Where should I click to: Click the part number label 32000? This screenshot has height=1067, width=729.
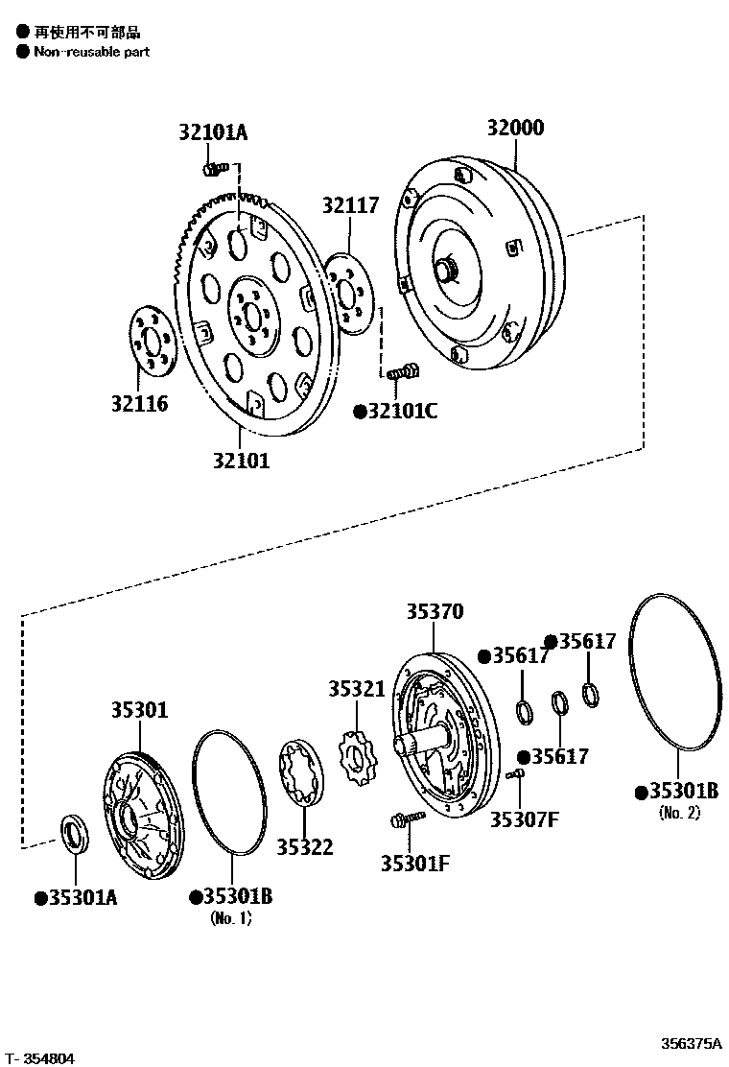click(514, 129)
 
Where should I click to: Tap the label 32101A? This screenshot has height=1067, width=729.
click(212, 133)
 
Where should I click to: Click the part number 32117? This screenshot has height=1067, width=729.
click(350, 205)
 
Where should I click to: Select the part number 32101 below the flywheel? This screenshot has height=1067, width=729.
click(241, 460)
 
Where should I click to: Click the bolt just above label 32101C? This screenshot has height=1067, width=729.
click(404, 370)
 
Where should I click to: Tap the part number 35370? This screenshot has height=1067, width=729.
click(434, 611)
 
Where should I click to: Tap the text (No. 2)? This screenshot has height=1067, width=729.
click(679, 813)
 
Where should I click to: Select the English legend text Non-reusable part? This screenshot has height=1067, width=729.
click(91, 52)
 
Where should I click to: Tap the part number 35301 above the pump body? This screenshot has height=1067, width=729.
click(139, 710)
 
